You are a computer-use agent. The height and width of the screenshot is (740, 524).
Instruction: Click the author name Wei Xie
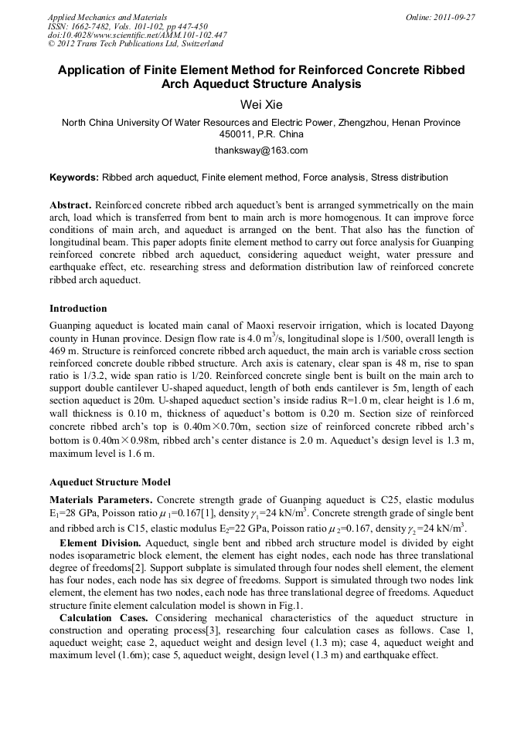[262, 104]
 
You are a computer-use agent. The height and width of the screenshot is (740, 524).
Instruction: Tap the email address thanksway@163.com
[261, 150]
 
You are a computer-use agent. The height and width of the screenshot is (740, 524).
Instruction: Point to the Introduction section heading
[78, 309]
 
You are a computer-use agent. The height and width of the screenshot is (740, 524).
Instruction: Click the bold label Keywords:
[74, 177]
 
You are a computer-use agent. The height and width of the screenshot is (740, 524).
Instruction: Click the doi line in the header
[137, 35]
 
